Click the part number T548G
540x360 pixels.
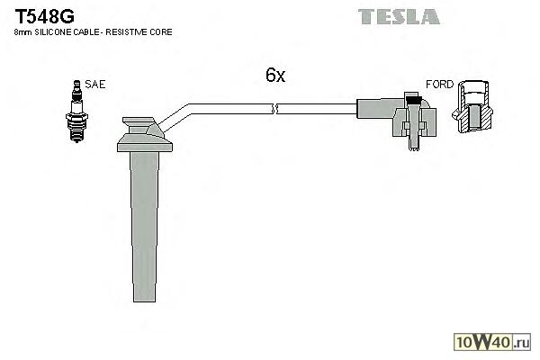click(x=44, y=16)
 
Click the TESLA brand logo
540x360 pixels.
click(x=399, y=16)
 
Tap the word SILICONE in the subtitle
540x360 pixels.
click(x=53, y=32)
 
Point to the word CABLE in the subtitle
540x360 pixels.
click(x=84, y=32)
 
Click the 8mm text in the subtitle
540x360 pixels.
click(x=23, y=32)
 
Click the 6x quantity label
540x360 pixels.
click(x=275, y=75)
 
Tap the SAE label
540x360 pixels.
click(x=95, y=85)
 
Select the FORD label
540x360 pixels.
click(x=439, y=85)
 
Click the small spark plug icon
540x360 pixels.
click(x=76, y=112)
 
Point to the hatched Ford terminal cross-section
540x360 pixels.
click(x=472, y=106)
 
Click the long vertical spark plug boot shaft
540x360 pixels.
click(x=145, y=227)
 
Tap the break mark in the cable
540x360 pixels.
click(x=275, y=109)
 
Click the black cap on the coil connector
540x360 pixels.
click(x=414, y=101)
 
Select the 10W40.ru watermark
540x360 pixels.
click(x=492, y=342)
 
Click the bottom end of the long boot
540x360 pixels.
click(x=145, y=301)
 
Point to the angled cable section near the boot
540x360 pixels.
click(x=175, y=118)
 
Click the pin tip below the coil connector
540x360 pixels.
click(x=414, y=148)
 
